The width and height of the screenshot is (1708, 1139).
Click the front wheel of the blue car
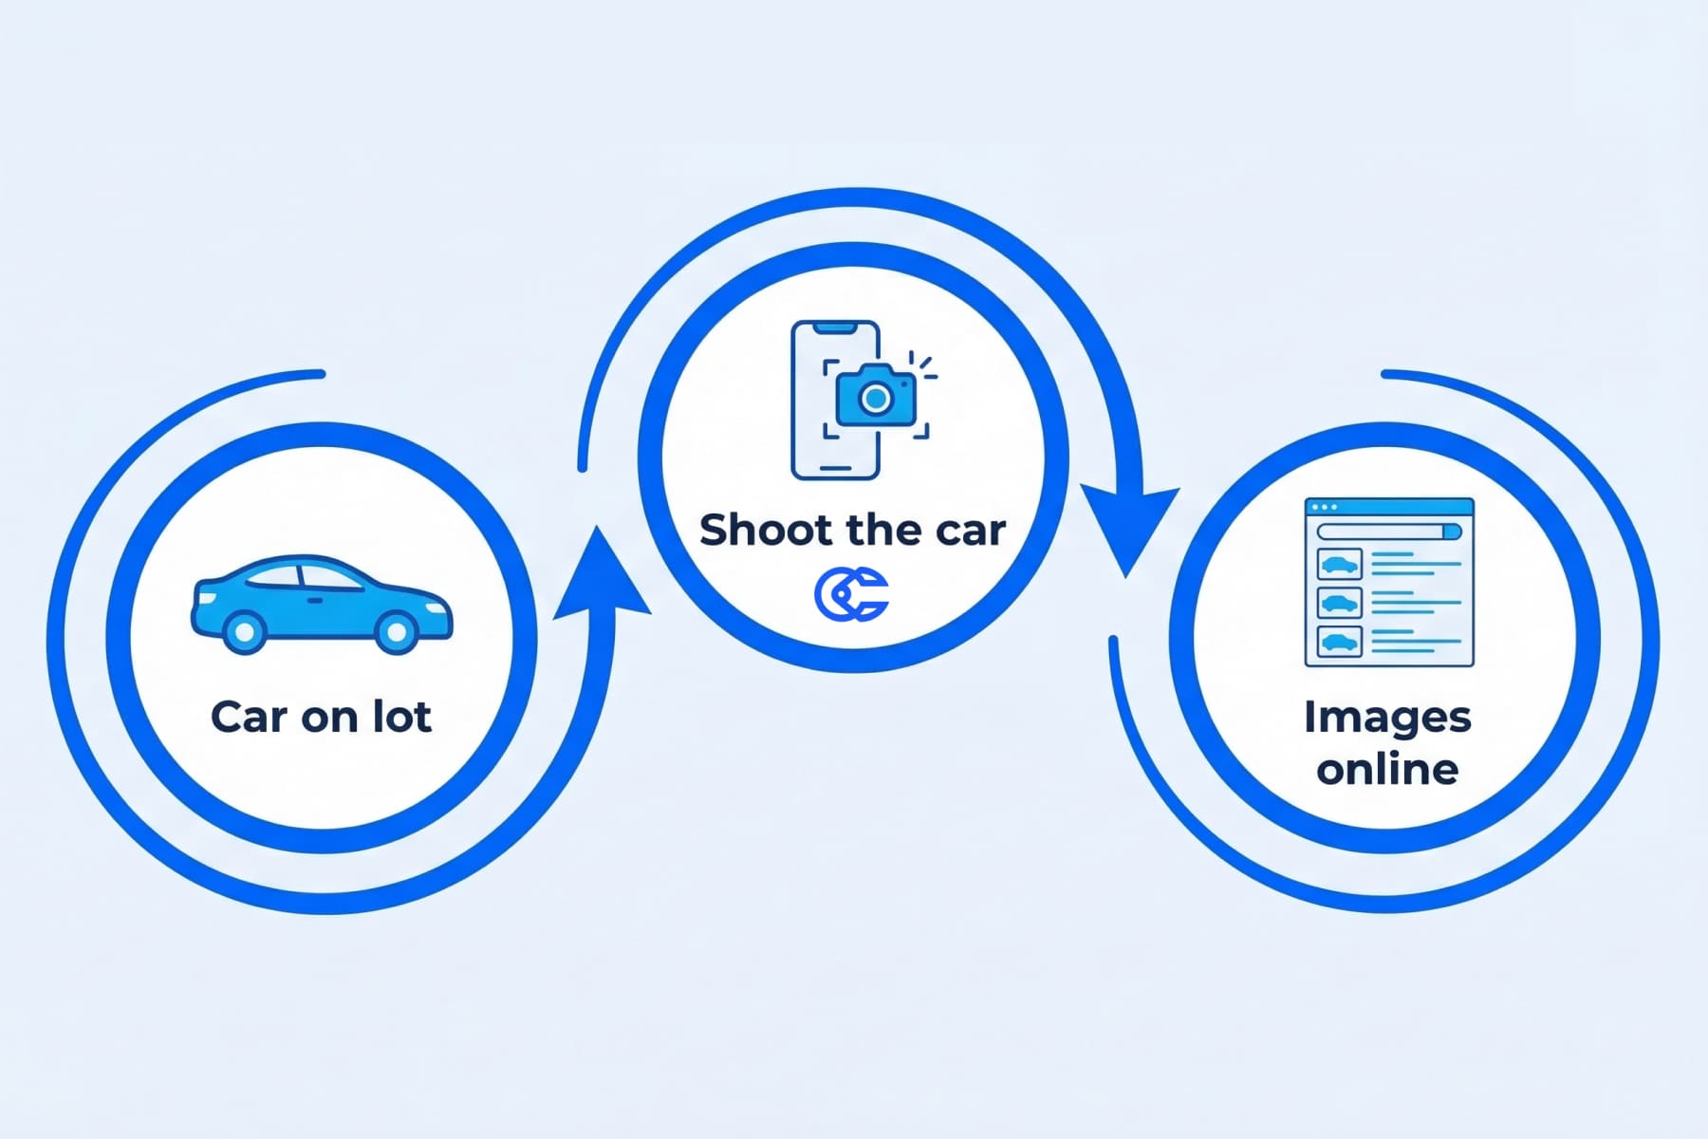(396, 631)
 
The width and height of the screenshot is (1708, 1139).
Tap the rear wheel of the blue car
(244, 631)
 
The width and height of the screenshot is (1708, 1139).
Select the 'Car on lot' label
(321, 717)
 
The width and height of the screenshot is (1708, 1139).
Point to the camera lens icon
(875, 399)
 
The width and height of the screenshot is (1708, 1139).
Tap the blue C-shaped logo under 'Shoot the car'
(851, 594)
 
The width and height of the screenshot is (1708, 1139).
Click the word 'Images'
(1386, 718)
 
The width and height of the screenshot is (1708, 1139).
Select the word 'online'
(1386, 769)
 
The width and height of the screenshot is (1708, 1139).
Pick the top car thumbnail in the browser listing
(1339, 565)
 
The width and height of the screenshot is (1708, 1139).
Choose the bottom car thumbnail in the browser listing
(1339, 643)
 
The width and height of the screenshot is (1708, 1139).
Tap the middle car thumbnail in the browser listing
(1339, 604)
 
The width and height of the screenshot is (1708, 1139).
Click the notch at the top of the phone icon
(835, 327)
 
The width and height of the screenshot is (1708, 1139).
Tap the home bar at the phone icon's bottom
(835, 468)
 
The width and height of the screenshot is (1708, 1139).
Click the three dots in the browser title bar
(1324, 508)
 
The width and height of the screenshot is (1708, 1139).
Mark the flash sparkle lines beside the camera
(922, 366)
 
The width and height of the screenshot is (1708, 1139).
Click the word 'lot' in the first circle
(402, 717)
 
